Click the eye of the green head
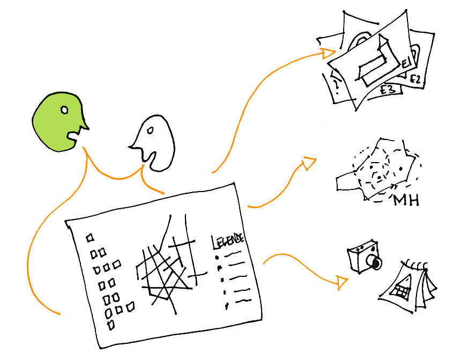coord(64,111)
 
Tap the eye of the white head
coord(150,131)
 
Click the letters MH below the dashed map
coord(406,201)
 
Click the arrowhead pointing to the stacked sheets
coord(328,52)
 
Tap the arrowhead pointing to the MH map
coord(309,163)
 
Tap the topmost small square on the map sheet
coord(90,236)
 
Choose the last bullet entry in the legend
coord(227,306)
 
